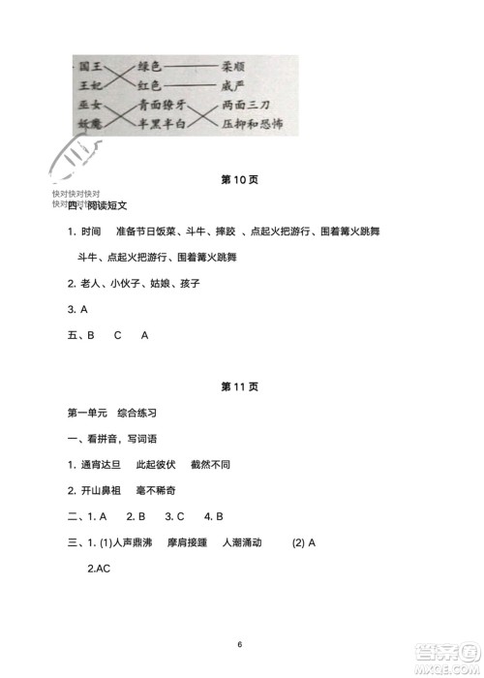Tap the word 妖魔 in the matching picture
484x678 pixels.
pyautogui.click(x=91, y=123)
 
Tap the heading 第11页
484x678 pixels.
pyautogui.click(x=239, y=386)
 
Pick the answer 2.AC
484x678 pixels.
pyautogui.click(x=98, y=569)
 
